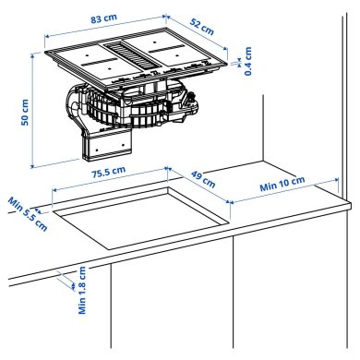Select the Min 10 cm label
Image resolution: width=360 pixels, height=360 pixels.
point(281,185)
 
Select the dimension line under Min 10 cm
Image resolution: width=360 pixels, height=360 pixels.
point(282,195)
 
